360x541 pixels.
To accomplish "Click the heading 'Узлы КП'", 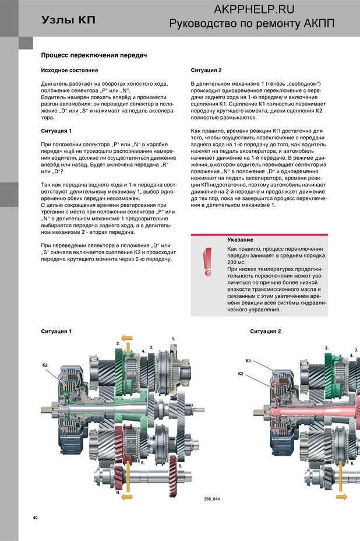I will point(68,20).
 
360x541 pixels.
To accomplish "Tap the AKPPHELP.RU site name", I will point(254,9).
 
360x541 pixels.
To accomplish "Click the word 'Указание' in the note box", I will point(239,240).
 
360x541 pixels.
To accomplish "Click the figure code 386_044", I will point(212,499).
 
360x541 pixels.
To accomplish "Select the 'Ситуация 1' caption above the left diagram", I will point(56,331).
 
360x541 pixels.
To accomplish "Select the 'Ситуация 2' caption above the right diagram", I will point(266,331).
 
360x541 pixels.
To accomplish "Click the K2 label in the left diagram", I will point(45,364).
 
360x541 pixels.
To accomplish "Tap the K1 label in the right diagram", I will point(248,361).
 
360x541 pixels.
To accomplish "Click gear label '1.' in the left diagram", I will point(173,338).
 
